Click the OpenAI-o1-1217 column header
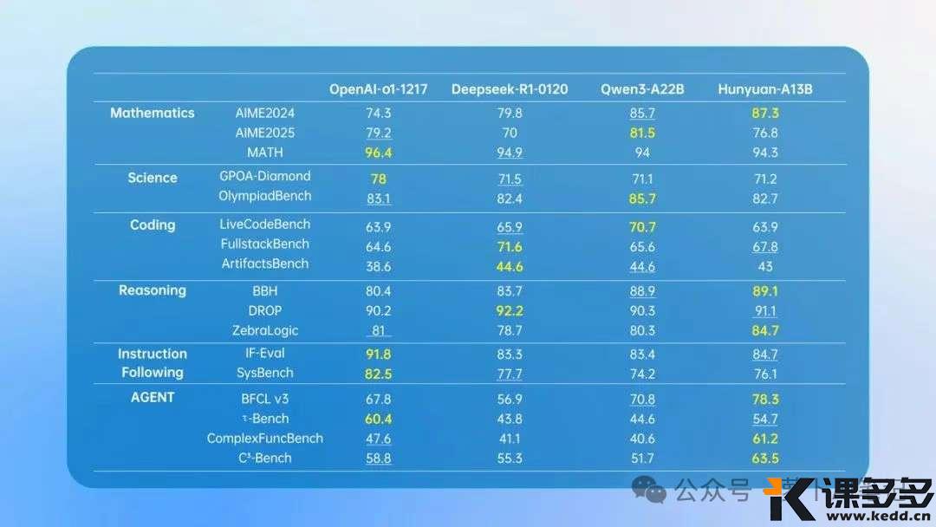click(x=378, y=89)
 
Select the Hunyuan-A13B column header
click(x=764, y=89)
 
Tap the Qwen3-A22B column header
click(x=642, y=89)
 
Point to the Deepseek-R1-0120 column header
click(x=510, y=89)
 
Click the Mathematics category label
click(x=153, y=114)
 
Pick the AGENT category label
click(x=152, y=397)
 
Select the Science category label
click(x=153, y=178)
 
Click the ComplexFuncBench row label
click(x=265, y=439)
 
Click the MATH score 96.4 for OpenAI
click(x=379, y=153)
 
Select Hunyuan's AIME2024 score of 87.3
click(x=765, y=114)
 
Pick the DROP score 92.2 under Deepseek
click(x=510, y=310)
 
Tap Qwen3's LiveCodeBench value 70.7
click(x=642, y=227)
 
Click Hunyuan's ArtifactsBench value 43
click(x=765, y=266)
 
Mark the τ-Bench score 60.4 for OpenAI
click(x=379, y=419)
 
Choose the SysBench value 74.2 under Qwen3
click(x=642, y=374)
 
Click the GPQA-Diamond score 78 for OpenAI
click(x=379, y=179)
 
